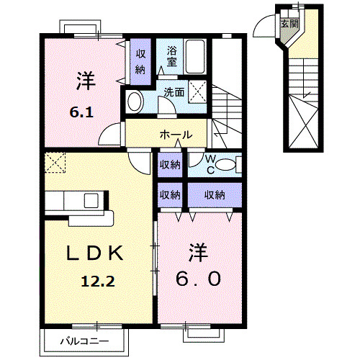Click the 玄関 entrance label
point(289,23)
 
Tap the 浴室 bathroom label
point(172,55)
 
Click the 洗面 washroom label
point(173,92)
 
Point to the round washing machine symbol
point(133,102)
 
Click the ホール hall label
point(175,135)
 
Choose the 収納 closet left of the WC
point(170,164)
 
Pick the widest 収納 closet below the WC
point(214,194)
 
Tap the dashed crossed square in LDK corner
point(54,163)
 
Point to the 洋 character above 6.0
point(199,251)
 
